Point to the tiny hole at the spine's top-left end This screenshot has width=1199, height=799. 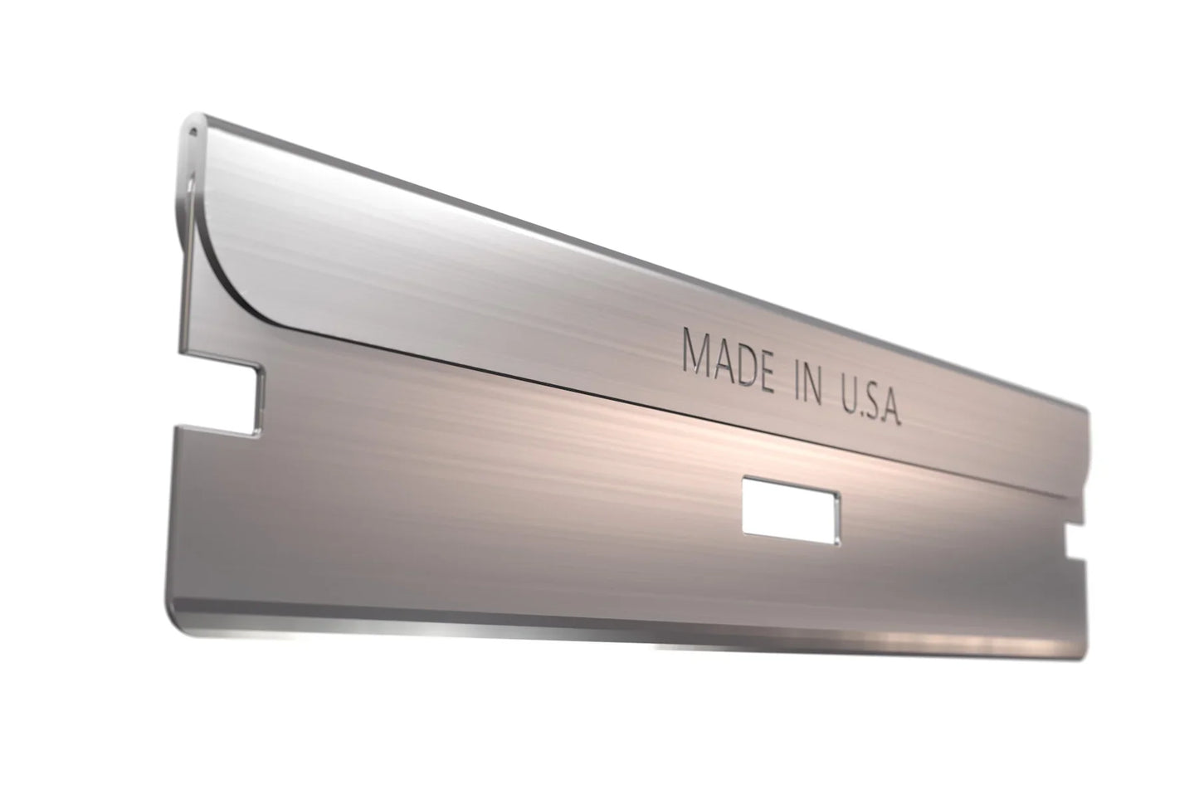193,129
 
